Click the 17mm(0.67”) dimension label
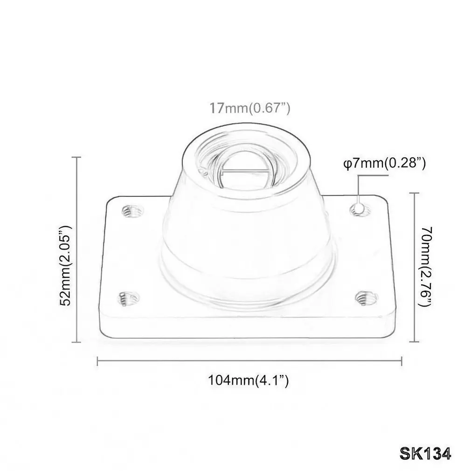tap(249, 108)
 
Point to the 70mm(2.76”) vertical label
tap(425, 267)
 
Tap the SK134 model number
tap(425, 454)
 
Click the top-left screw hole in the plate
tap(132, 211)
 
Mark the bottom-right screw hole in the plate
tap(366, 298)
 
